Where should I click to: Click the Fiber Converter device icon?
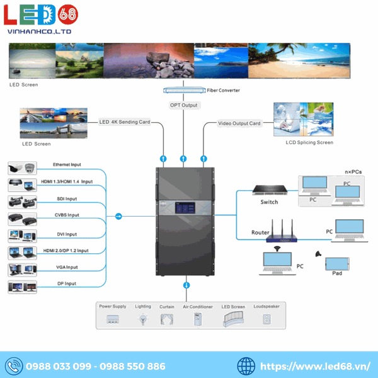(x=183, y=91)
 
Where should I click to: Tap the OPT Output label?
(x=183, y=105)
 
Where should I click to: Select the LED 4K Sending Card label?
(x=124, y=122)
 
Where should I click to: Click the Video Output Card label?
(x=239, y=123)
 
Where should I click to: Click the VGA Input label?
(x=66, y=267)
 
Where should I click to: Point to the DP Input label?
(x=66, y=283)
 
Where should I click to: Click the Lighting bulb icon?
(x=143, y=319)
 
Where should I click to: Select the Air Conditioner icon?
(x=196, y=319)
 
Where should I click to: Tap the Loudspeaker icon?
(x=266, y=319)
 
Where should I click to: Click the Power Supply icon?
(x=113, y=319)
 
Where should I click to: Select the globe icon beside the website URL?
(x=246, y=366)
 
